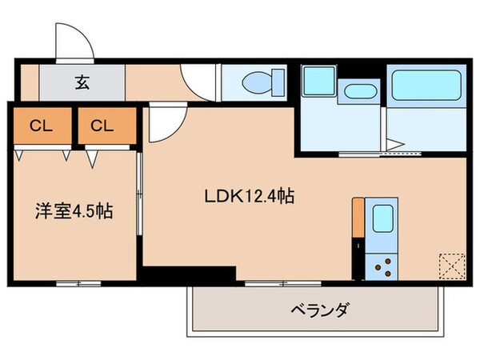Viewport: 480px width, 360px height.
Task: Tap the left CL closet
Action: click(38, 125)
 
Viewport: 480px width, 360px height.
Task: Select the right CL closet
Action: click(102, 125)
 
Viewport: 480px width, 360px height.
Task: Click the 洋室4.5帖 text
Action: click(73, 212)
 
